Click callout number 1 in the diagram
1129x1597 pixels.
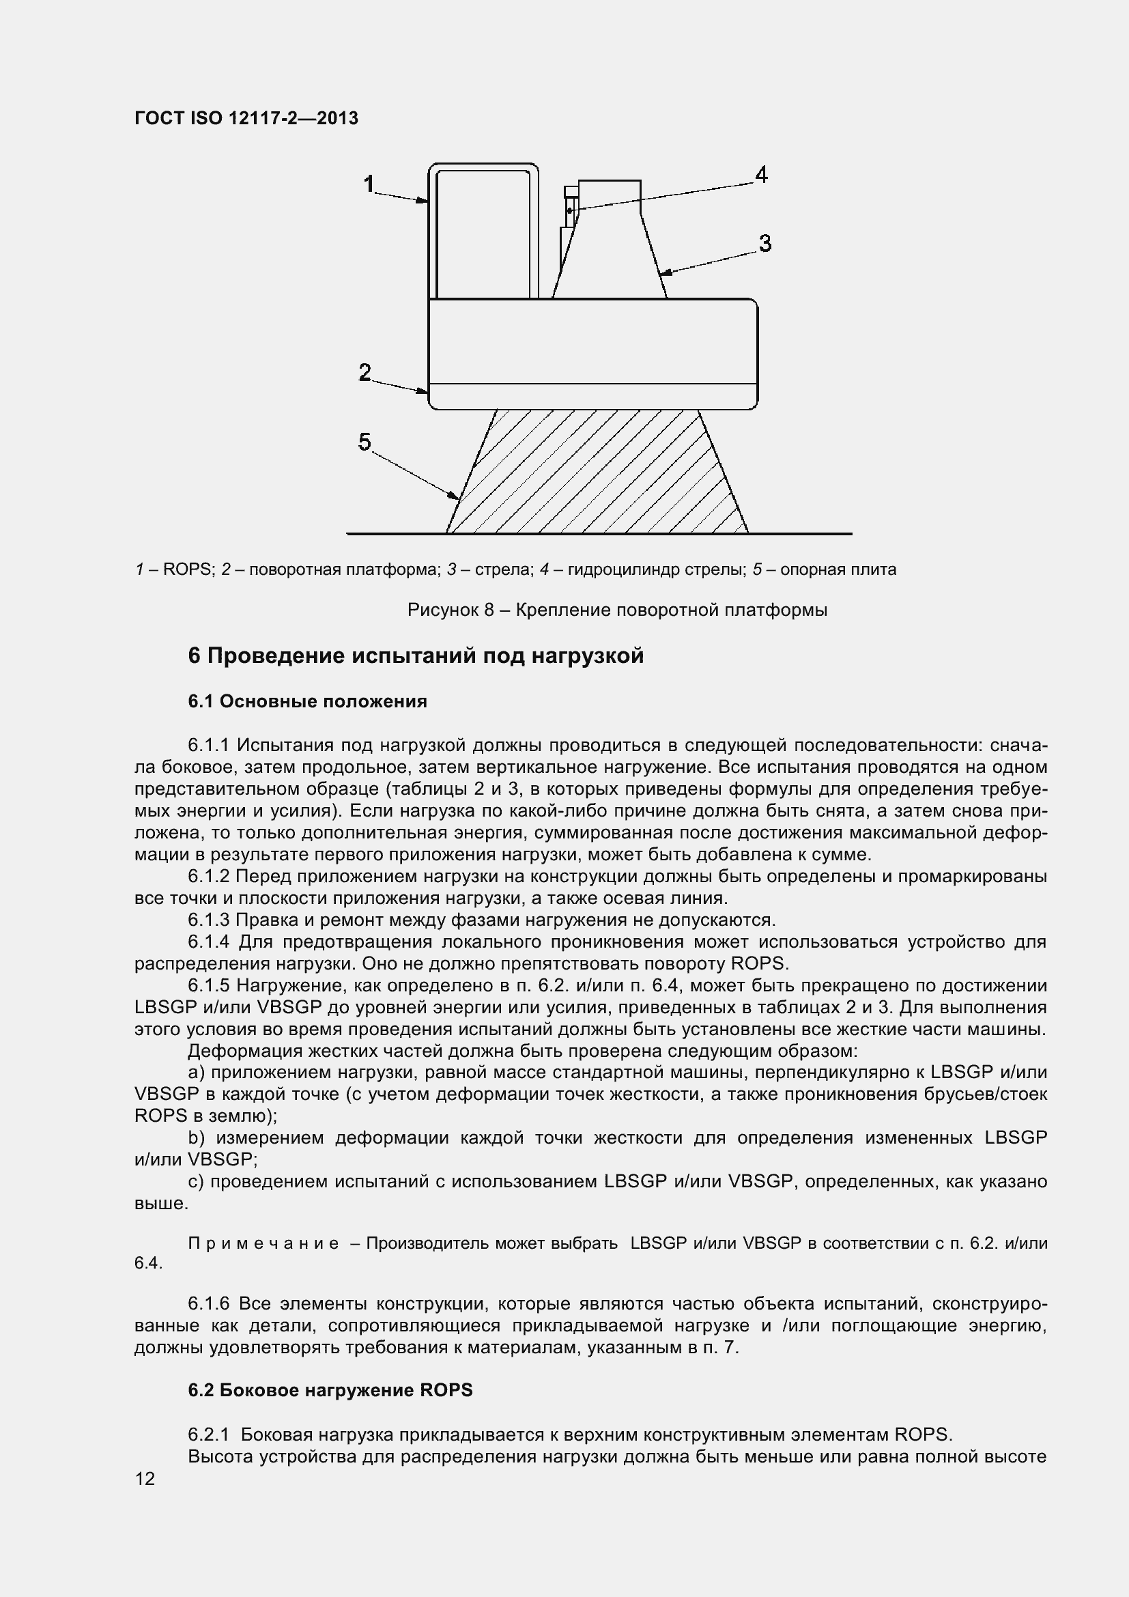click(369, 184)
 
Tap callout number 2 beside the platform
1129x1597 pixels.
click(365, 373)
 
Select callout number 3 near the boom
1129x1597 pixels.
click(764, 244)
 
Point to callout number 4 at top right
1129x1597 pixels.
click(761, 175)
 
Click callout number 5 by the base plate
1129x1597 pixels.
click(365, 442)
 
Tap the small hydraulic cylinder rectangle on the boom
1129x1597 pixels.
click(570, 207)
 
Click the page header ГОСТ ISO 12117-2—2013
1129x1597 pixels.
click(246, 118)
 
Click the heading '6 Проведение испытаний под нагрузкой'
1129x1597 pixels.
click(416, 655)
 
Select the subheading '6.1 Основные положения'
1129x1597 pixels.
click(307, 701)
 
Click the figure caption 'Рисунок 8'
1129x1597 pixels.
click(451, 610)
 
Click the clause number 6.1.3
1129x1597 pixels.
click(209, 920)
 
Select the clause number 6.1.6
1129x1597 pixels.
click(209, 1303)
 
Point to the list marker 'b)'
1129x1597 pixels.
click(198, 1138)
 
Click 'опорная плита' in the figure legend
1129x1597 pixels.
click(838, 569)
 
